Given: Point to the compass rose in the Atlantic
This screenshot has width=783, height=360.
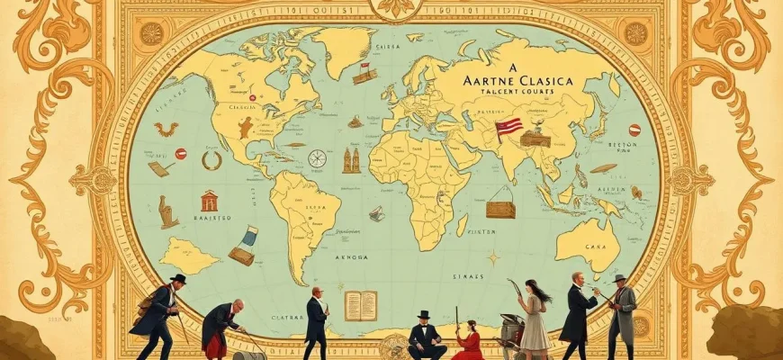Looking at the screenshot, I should coord(317,158).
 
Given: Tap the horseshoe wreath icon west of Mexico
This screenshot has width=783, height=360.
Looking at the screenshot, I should coord(211,161).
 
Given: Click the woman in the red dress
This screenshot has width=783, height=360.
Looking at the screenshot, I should coord(467,343).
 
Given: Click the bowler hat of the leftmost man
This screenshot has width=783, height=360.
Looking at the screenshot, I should coord(178,279).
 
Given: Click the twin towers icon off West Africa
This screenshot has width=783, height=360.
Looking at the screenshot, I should coord(349,160).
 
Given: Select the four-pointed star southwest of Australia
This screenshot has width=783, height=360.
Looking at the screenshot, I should coord(493,257).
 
